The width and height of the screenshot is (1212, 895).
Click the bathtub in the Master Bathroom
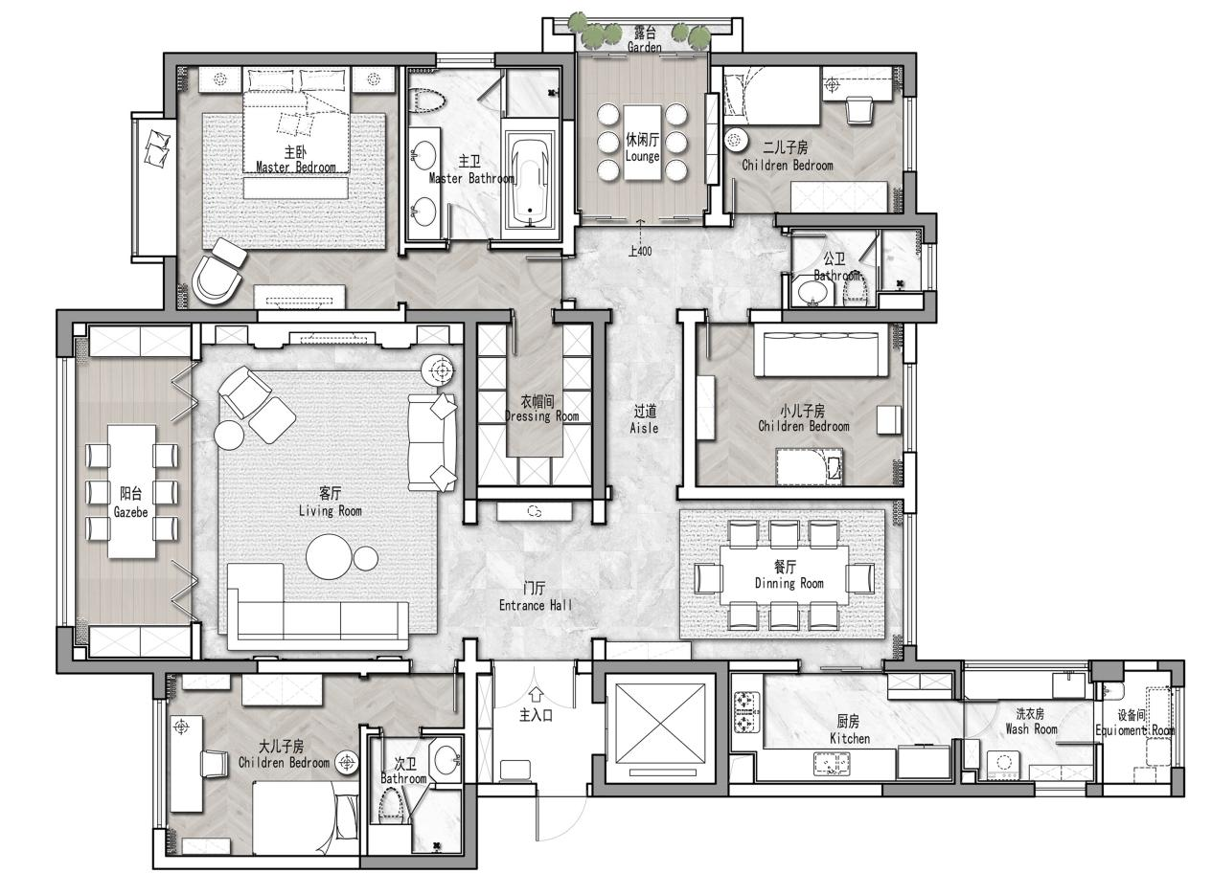point(530,179)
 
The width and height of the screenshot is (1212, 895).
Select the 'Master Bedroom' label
point(296,168)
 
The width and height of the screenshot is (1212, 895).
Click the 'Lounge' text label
point(642,157)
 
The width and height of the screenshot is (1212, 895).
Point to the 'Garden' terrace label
point(644,48)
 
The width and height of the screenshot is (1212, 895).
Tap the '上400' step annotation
point(639,251)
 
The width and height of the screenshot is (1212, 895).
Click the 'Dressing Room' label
point(541,416)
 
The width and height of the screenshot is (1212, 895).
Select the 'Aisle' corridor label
point(644,428)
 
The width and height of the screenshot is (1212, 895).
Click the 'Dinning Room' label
point(789,583)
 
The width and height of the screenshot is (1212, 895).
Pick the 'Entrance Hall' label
point(536,605)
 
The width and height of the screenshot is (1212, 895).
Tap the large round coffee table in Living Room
point(329,556)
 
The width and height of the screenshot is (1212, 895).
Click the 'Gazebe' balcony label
point(130,512)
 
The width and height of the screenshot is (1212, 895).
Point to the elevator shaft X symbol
point(660,722)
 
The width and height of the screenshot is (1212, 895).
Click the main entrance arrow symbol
point(536,693)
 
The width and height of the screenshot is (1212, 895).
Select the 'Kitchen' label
point(850,739)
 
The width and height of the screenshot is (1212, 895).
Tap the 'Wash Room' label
point(1031,729)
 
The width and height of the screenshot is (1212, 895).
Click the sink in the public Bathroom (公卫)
point(813,292)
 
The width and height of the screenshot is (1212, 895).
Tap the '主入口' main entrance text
point(536,715)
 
